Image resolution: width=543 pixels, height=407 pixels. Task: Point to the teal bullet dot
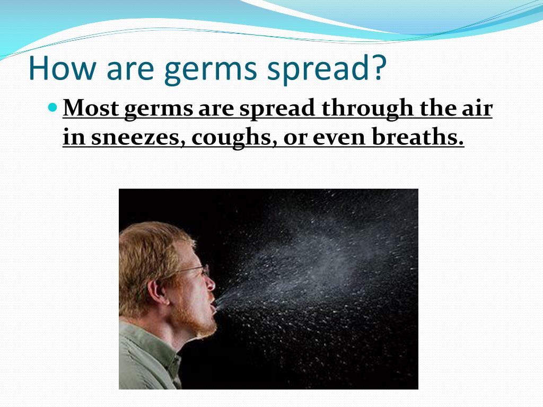(52, 107)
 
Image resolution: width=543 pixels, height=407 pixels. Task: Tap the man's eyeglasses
(196, 270)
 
